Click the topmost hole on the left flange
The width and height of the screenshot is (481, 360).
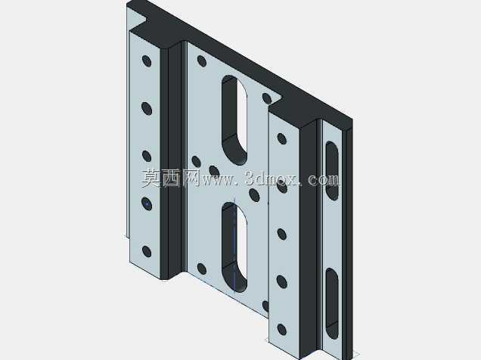[147, 61]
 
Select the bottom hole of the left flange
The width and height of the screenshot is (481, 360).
[147, 252]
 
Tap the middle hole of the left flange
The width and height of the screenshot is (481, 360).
[147, 156]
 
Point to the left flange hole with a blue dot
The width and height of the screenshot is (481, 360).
[147, 203]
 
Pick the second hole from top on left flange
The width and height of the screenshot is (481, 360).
[147, 109]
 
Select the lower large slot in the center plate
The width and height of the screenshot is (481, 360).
[234, 247]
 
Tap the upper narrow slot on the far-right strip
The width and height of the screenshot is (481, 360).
[332, 171]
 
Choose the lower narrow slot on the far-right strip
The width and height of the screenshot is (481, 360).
[332, 303]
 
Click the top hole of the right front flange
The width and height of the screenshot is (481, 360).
[281, 138]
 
